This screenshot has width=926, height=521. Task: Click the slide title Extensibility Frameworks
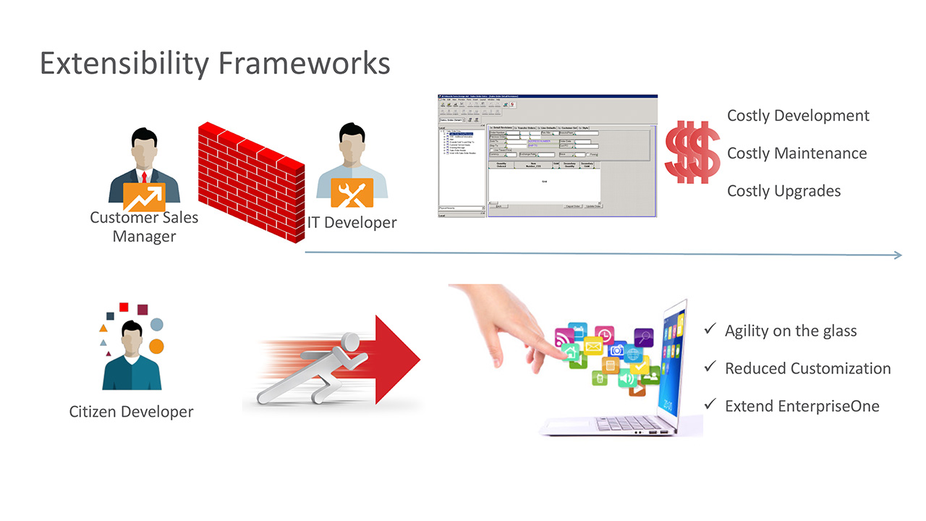[x=215, y=63]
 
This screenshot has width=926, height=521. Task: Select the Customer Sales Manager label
[x=144, y=226]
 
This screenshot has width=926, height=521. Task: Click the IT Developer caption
[x=352, y=222]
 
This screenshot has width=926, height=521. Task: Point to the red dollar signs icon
[x=692, y=151]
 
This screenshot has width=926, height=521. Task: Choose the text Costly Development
[x=798, y=116]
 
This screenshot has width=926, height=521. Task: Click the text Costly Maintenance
[x=797, y=153]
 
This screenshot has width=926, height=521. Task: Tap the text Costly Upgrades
[x=783, y=191]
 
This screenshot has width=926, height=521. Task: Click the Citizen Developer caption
[x=131, y=412]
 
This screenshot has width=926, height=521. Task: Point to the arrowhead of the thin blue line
[x=899, y=255]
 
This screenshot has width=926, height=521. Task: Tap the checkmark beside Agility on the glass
[x=710, y=330]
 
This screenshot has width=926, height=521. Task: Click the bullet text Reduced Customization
[x=807, y=368]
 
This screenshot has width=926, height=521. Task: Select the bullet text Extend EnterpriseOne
[x=802, y=406]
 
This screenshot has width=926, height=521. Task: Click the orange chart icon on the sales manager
[x=144, y=196]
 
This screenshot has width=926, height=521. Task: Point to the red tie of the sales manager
[x=145, y=177]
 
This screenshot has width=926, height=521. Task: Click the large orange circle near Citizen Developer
[x=156, y=346]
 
